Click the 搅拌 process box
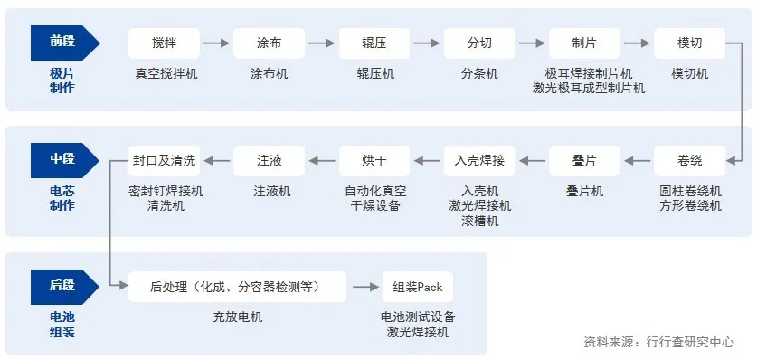[164, 43]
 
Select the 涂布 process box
[269, 43]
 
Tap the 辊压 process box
[374, 43]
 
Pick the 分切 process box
[479, 43]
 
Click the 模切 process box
[689, 43]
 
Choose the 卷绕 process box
[689, 161]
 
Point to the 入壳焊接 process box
[479, 161]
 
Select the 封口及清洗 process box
[163, 161]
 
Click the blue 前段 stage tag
[63, 42]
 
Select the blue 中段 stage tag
[63, 160]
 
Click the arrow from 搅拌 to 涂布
[216, 43]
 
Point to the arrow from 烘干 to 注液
[322, 161]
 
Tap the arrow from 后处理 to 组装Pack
[365, 287]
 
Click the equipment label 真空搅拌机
[164, 73]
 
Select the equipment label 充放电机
[237, 317]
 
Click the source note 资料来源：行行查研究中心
[659, 342]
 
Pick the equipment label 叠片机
[584, 192]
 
